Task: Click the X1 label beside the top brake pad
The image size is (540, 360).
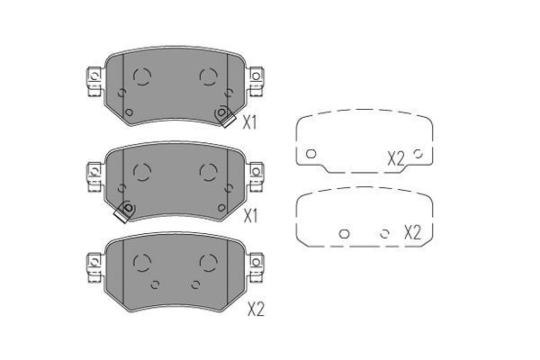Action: pyautogui.click(x=250, y=123)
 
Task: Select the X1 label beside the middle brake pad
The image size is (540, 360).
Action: pyautogui.click(x=250, y=216)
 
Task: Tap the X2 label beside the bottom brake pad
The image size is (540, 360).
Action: pyautogui.click(x=256, y=309)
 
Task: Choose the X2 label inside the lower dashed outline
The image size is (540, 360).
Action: pyautogui.click(x=412, y=232)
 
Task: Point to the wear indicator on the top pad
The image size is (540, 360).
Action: pyautogui.click(x=222, y=114)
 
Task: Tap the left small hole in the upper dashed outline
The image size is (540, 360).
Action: pyautogui.click(x=310, y=154)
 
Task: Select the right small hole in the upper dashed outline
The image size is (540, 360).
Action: pyautogui.click(x=418, y=154)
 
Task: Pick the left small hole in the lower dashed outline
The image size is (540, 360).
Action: pyautogui.click(x=343, y=234)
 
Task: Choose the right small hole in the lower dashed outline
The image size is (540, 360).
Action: pyautogui.click(x=384, y=234)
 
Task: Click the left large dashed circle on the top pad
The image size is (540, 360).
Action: pyautogui.click(x=140, y=76)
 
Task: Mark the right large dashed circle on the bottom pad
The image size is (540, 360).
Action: pyautogui.click(x=208, y=262)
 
